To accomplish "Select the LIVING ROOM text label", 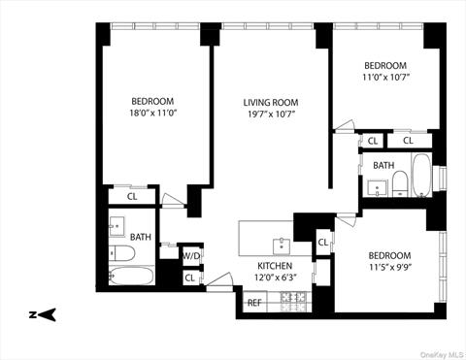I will [270, 102].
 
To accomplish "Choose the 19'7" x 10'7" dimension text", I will [270, 115].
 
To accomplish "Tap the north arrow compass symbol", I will [44, 313].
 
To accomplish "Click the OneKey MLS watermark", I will [433, 353].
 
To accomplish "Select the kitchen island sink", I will [282, 242].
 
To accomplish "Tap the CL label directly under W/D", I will [189, 278].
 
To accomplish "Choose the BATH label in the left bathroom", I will [141, 237].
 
